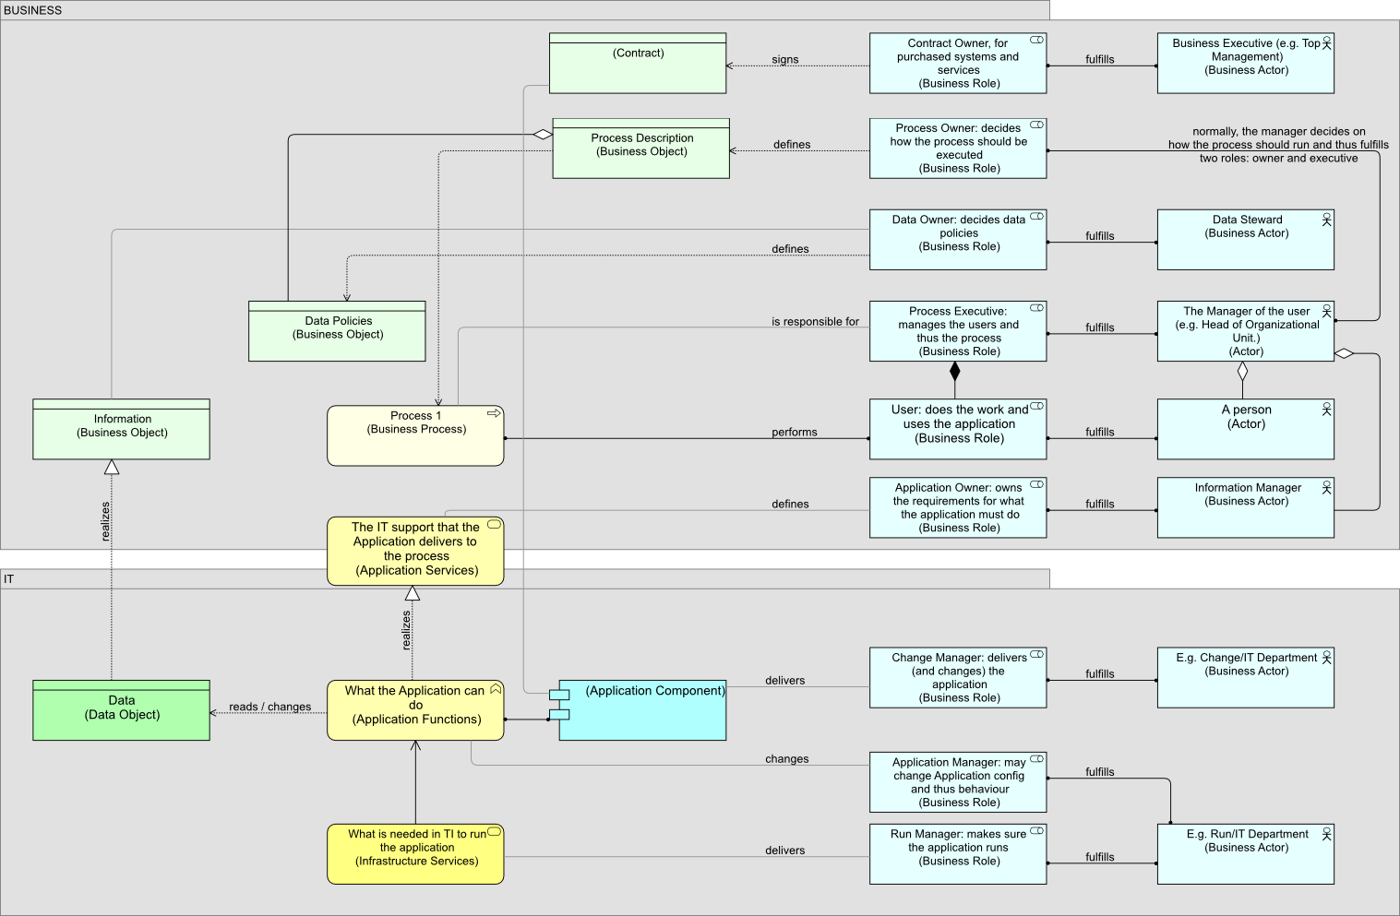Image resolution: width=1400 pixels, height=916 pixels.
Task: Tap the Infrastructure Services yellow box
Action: point(415,854)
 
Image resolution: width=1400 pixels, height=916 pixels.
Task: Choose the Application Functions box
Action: point(415,710)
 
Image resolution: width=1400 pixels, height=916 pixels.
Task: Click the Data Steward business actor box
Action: point(1245,240)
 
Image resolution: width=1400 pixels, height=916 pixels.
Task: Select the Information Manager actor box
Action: point(1245,507)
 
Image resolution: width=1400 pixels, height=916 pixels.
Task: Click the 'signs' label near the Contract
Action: point(784,59)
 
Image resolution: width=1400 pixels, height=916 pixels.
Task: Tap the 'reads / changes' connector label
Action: point(269,707)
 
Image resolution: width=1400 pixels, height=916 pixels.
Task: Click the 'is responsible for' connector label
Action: point(815,322)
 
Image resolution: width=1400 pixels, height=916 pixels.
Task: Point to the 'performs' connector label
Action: point(794,432)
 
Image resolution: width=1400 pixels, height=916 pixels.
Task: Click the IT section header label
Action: point(9,579)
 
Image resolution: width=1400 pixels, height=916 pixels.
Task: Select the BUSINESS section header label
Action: point(33,10)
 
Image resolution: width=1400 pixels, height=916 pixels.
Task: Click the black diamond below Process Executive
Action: point(955,372)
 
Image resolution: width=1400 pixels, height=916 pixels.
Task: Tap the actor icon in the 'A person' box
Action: point(1326,409)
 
